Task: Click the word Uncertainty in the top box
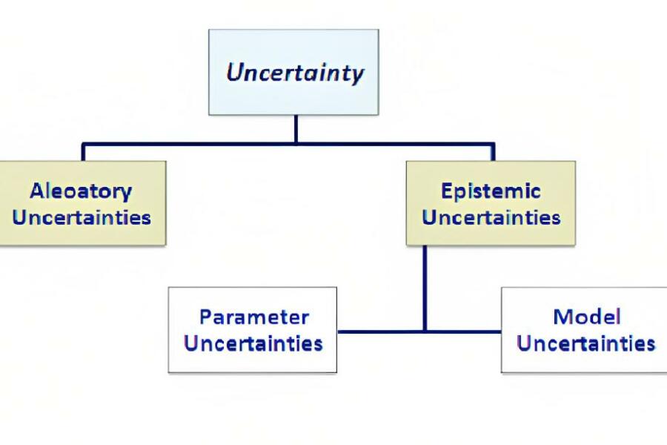pos(295,73)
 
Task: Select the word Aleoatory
pos(81,191)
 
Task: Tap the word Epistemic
pos(491,191)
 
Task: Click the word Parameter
pos(254,317)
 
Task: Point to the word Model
pos(587,317)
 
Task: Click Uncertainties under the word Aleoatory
pos(82,217)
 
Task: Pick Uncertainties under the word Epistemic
pos(491,217)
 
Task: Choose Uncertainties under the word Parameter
pos(253,343)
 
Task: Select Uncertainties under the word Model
pos(586,343)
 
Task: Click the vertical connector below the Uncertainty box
pos(296,130)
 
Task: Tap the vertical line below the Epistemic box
pos(425,289)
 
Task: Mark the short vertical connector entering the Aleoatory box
pos(83,153)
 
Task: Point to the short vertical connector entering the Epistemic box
pos(493,153)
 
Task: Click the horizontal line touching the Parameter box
pos(381,332)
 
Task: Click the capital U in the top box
pos(235,72)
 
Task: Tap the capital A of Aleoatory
pos(38,191)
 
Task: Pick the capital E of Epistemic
pos(447,191)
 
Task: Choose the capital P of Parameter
pos(205,317)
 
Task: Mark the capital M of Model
pos(562,317)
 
